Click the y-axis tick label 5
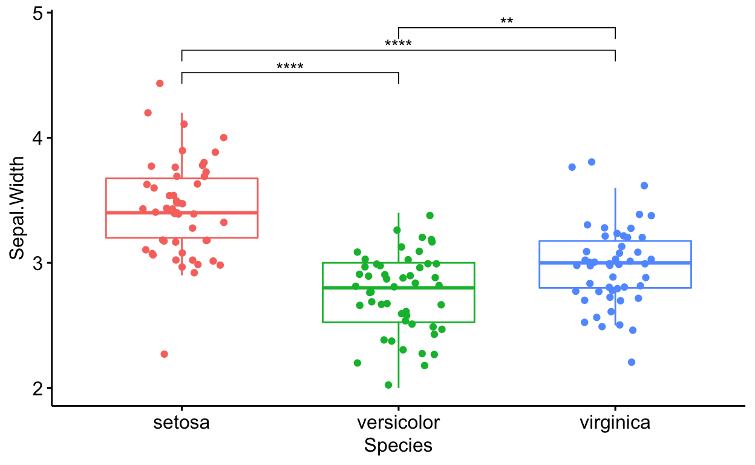(38, 13)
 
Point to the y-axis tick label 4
(38, 138)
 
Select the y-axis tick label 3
(38, 263)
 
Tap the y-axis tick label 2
(38, 388)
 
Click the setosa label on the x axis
(181, 422)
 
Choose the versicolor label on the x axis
(398, 422)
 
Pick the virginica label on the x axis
(615, 422)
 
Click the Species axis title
(398, 446)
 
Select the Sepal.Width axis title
(18, 208)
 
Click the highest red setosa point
(160, 84)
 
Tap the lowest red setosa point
(164, 354)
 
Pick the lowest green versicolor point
(388, 385)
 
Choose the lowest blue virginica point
(632, 362)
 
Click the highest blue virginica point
(592, 162)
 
